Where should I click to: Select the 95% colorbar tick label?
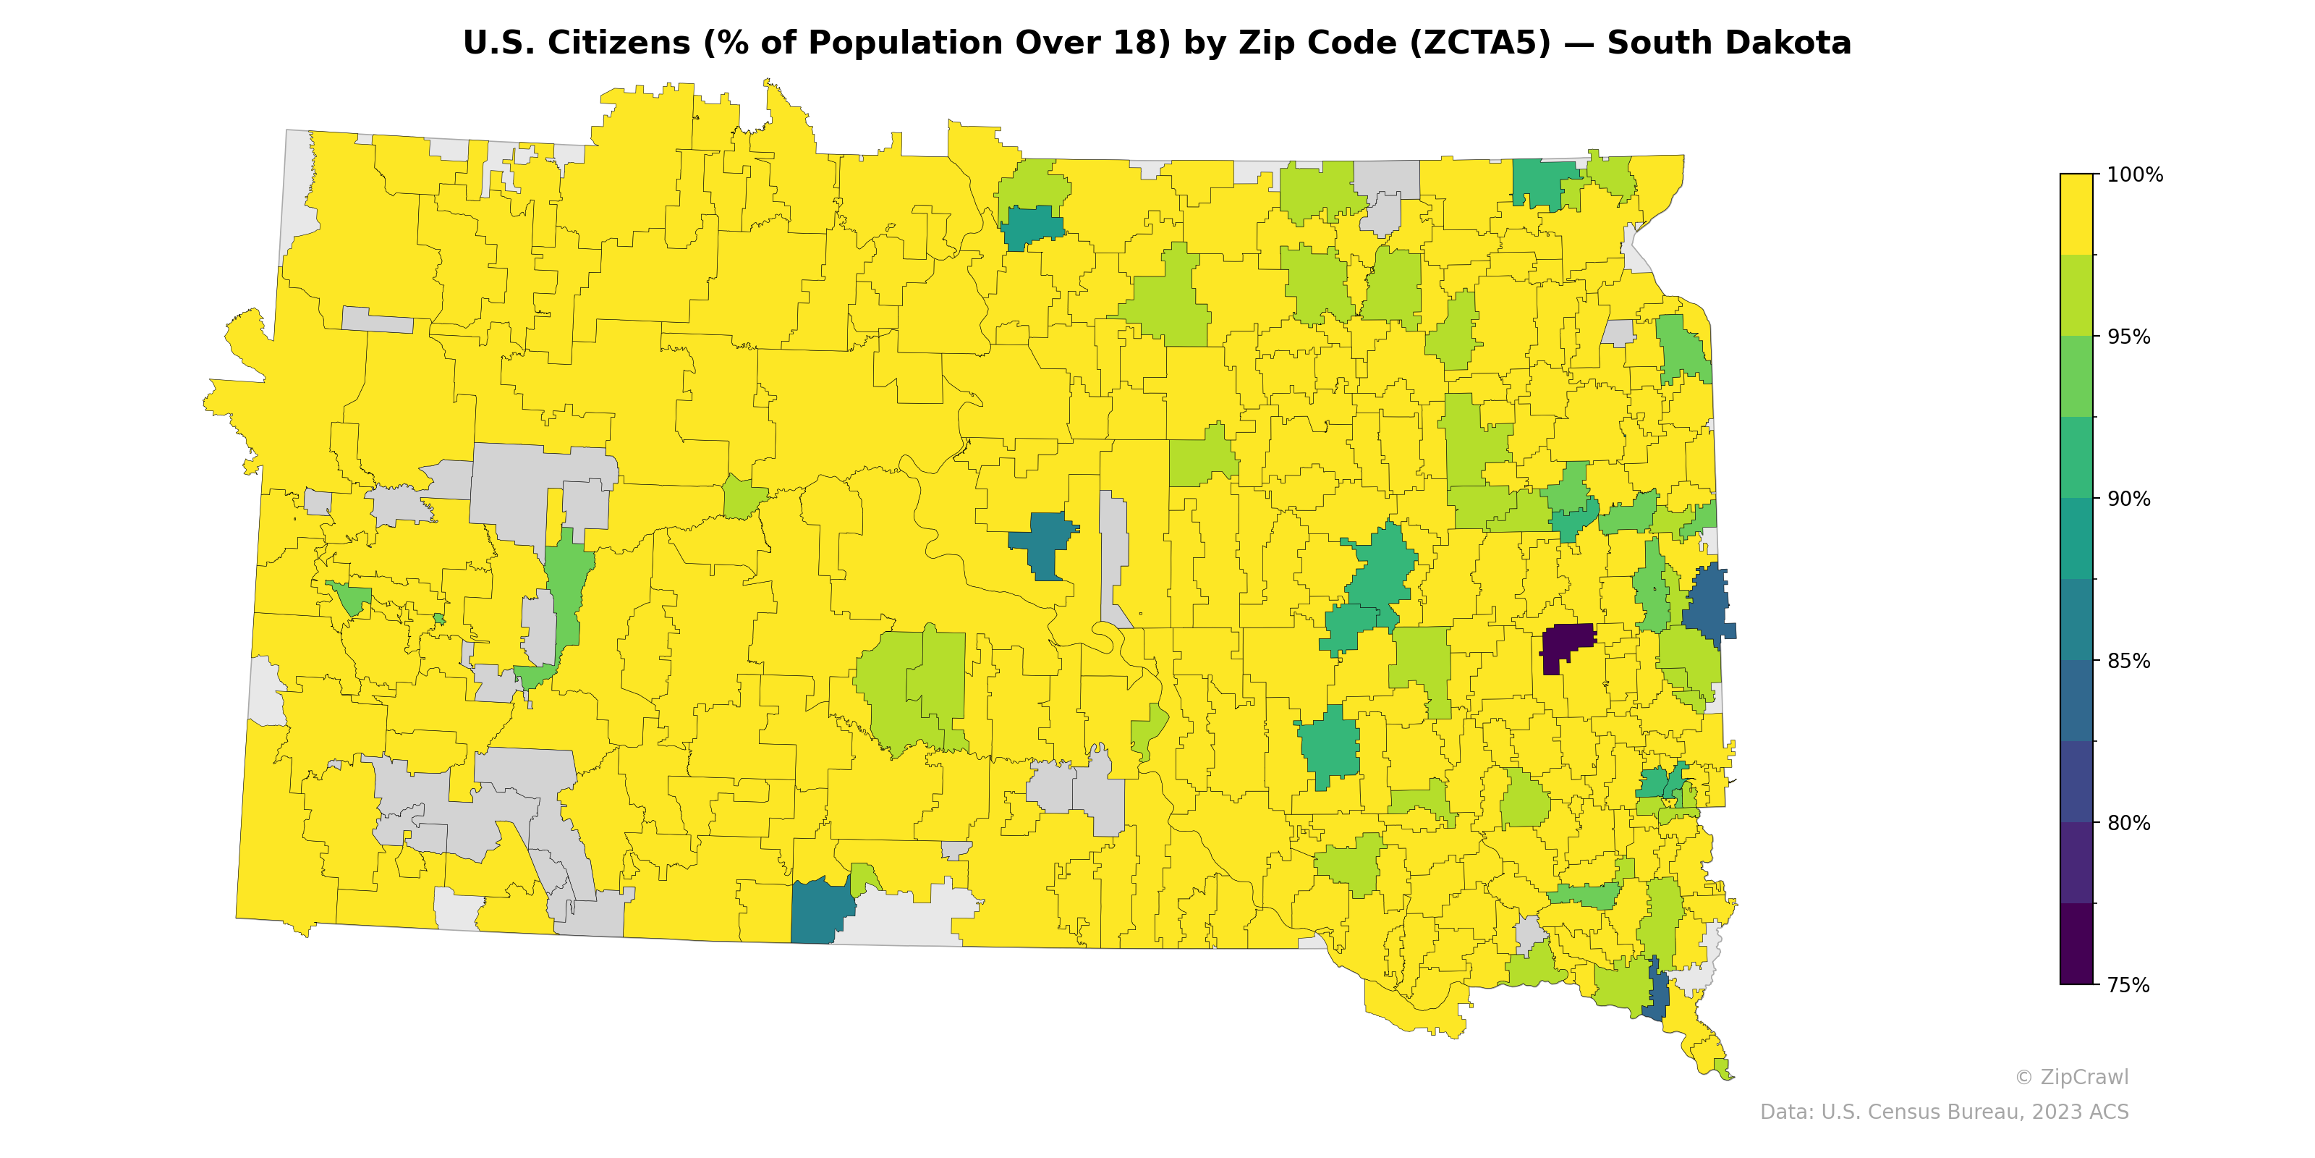pos(2129,337)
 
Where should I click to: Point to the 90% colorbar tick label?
pos(2129,499)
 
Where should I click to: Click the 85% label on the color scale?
pos(2129,661)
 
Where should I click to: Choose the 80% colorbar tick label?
pos(2129,823)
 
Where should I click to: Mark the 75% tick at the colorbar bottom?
pos(2129,985)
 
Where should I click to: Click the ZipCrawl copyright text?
pos(2071,1077)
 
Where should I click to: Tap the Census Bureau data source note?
pos(1944,1112)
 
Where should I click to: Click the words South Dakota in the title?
pos(1729,43)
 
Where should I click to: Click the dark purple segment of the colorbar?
pos(2076,944)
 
